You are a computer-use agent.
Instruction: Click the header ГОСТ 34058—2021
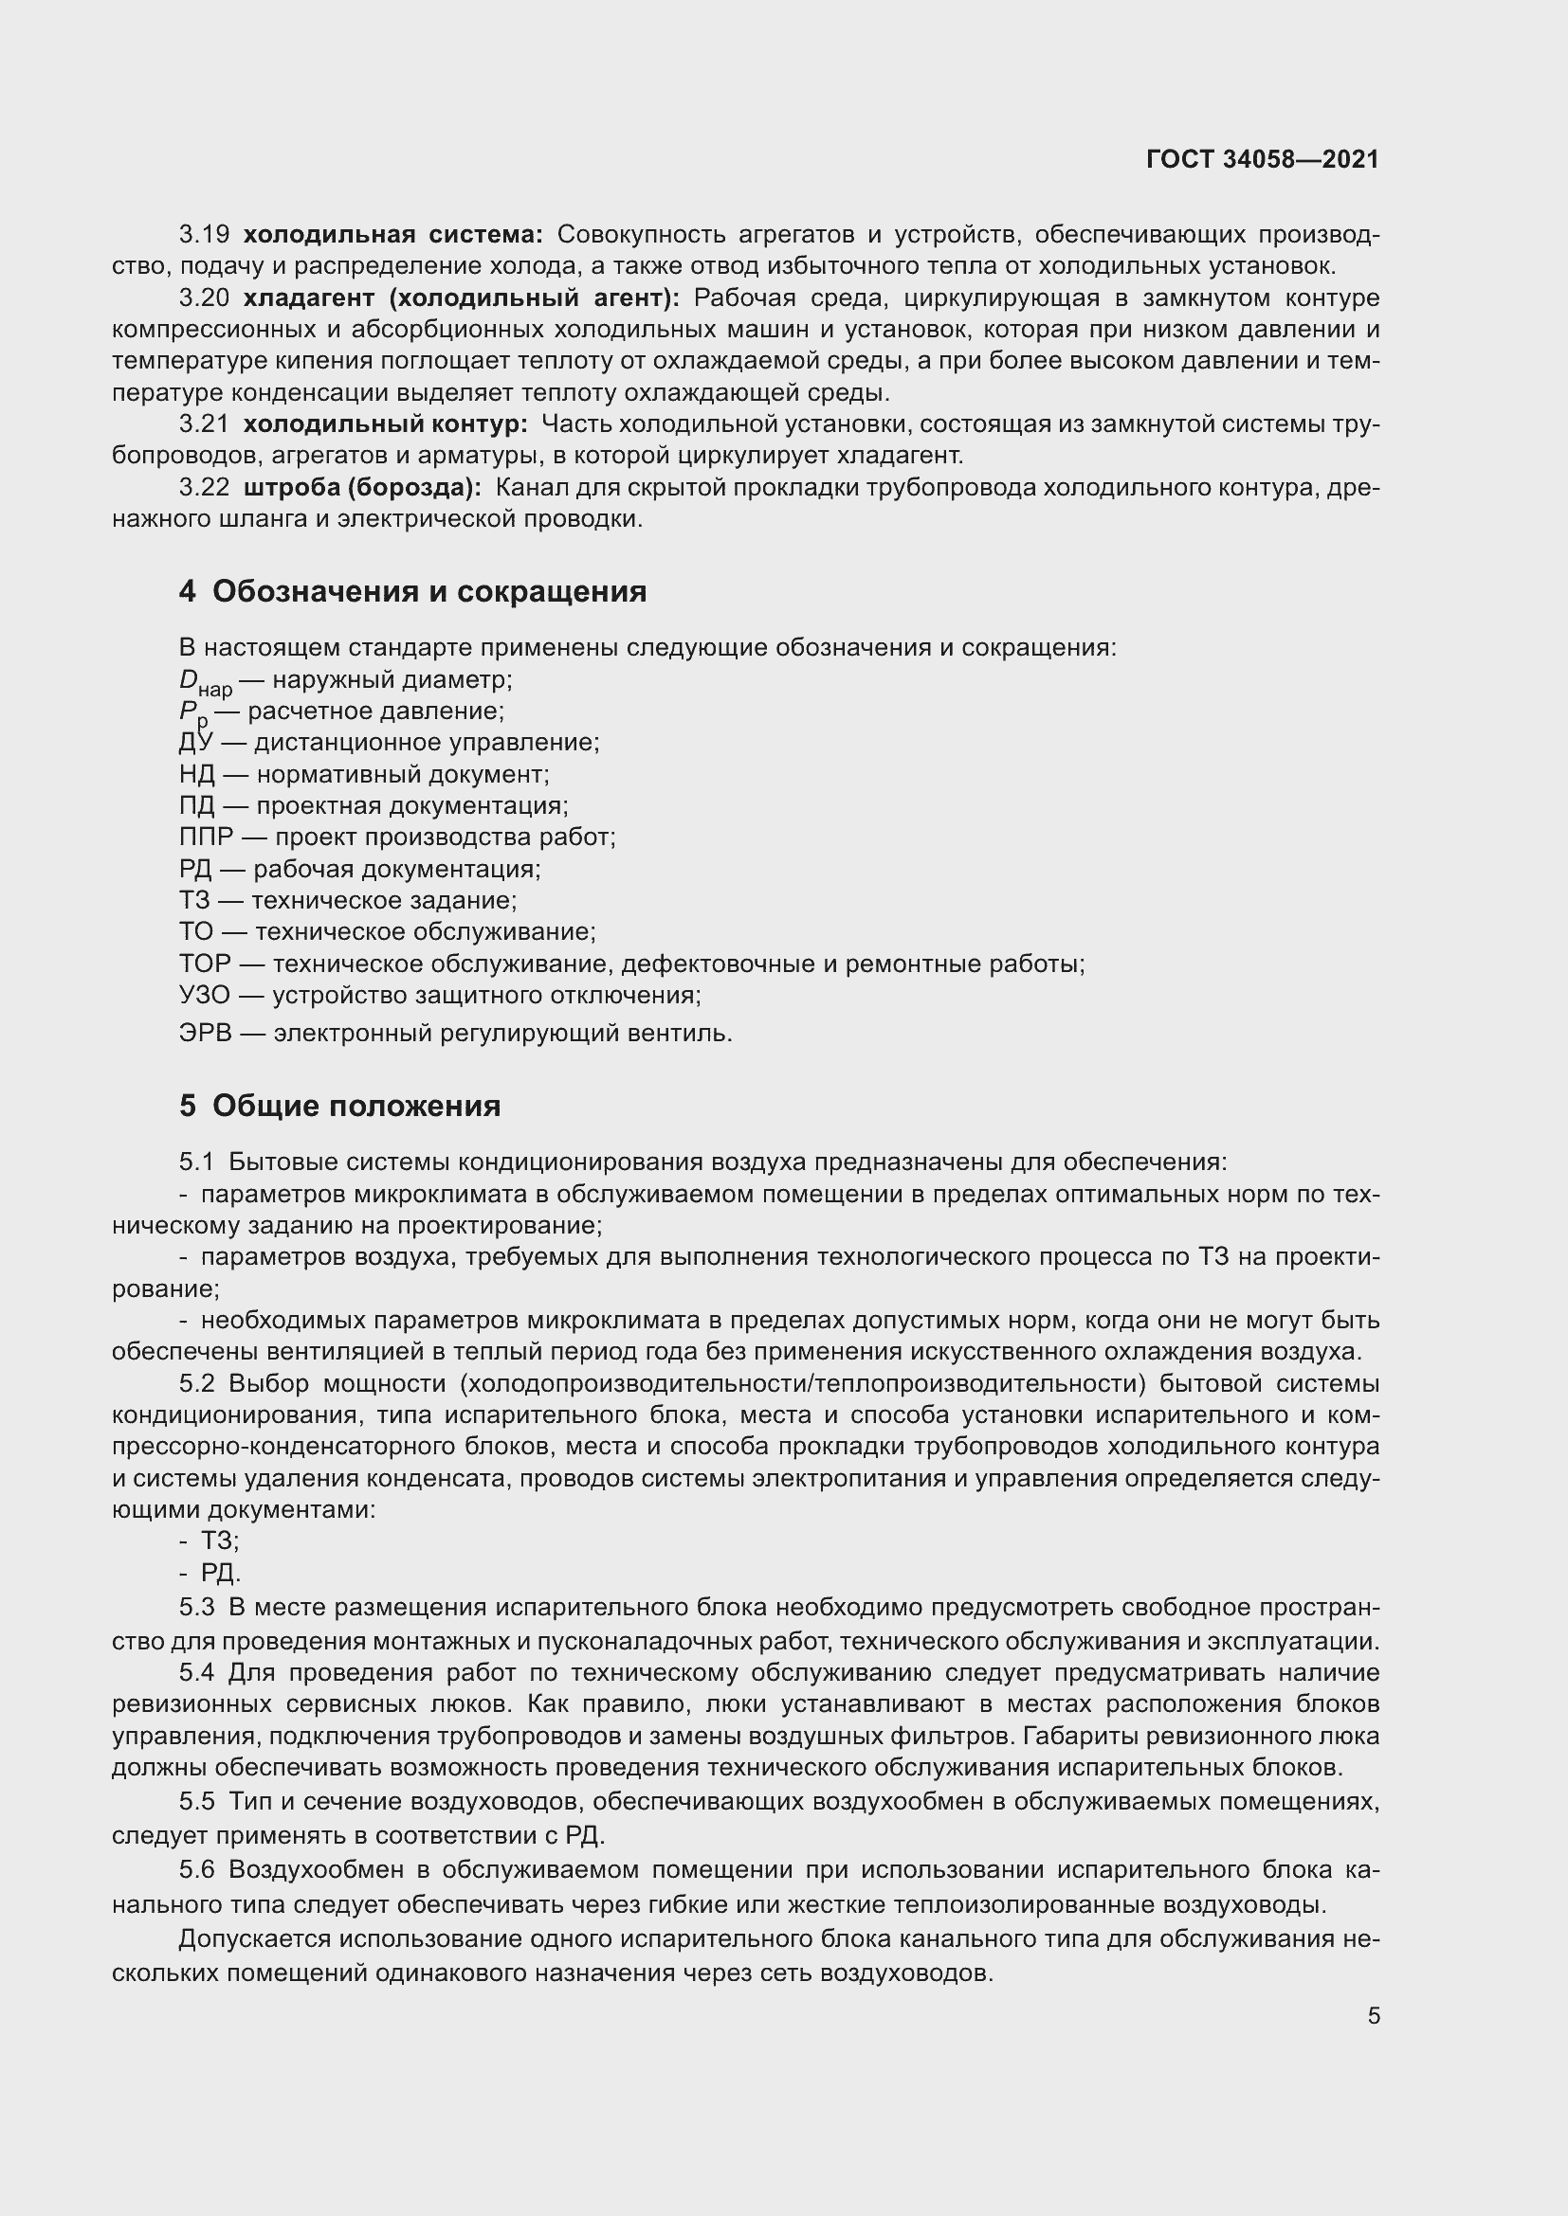click(x=1262, y=159)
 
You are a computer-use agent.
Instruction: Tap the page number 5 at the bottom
click(x=1373, y=2015)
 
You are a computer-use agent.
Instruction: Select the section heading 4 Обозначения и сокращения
click(x=412, y=590)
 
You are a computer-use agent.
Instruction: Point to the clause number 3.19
click(x=204, y=235)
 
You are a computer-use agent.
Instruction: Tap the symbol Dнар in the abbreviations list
click(x=205, y=681)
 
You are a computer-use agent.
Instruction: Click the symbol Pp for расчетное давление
click(x=193, y=713)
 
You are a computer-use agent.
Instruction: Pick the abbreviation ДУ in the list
click(x=196, y=742)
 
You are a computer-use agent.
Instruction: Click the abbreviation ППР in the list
click(x=206, y=837)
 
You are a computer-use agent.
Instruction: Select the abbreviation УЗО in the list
click(x=205, y=994)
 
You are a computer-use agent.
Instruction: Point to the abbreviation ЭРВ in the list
click(x=205, y=1033)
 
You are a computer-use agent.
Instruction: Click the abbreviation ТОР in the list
click(x=205, y=964)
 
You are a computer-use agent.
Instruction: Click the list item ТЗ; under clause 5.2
click(x=219, y=1540)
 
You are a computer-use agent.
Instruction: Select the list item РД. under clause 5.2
click(x=220, y=1573)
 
